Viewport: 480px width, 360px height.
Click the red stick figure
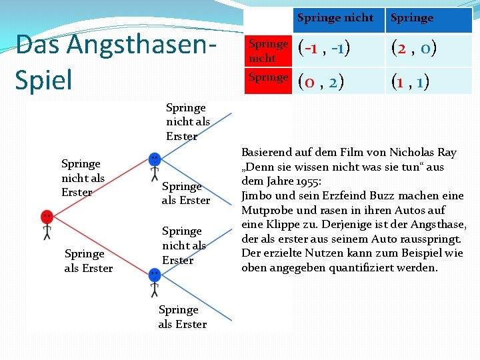(47, 224)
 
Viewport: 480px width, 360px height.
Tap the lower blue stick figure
(155, 281)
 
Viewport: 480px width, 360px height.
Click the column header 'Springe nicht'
(335, 18)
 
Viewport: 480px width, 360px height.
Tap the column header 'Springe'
(412, 18)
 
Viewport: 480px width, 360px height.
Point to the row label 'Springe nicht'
(268, 51)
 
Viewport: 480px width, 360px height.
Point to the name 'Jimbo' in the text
(258, 196)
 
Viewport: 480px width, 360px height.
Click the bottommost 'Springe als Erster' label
(183, 317)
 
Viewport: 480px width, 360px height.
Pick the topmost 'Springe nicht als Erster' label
(187, 121)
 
